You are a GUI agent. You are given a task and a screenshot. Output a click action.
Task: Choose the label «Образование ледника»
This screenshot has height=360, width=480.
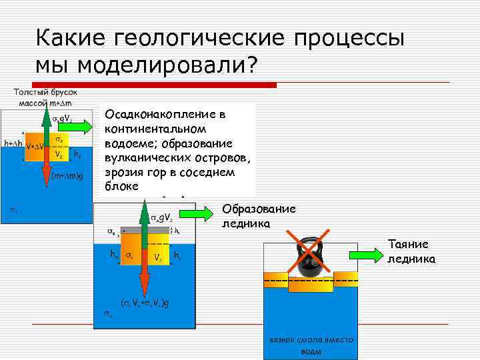pyautogui.click(x=259, y=217)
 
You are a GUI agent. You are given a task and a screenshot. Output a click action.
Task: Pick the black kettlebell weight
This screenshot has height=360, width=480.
pyautogui.click(x=309, y=257)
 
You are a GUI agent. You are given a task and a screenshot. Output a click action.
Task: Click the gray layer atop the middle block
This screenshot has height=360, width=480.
pyautogui.click(x=143, y=230)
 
